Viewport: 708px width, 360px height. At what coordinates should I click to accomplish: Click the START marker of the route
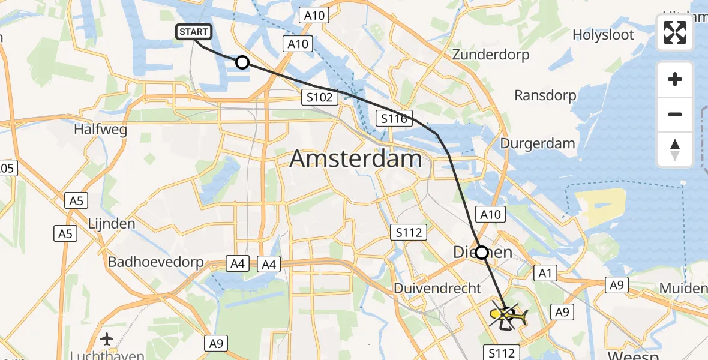click(193, 32)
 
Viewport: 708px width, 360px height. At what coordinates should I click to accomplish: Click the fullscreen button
click(675, 33)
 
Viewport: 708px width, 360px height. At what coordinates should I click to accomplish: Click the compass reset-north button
click(675, 149)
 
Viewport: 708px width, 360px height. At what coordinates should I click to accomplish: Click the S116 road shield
click(394, 118)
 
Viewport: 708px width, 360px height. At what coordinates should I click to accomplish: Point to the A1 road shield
click(545, 273)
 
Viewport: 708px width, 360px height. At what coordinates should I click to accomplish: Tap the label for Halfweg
click(100, 129)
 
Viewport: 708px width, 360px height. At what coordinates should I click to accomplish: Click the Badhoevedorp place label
click(155, 262)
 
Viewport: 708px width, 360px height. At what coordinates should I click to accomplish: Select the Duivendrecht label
click(437, 289)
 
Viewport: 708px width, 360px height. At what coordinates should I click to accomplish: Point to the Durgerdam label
click(538, 143)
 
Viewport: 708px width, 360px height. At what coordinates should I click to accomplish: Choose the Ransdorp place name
click(545, 95)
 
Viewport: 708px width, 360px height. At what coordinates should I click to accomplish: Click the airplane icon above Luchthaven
click(107, 339)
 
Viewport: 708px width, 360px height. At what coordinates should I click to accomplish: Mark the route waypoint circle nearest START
click(242, 62)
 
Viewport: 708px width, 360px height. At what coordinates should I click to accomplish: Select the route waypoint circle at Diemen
click(481, 252)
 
